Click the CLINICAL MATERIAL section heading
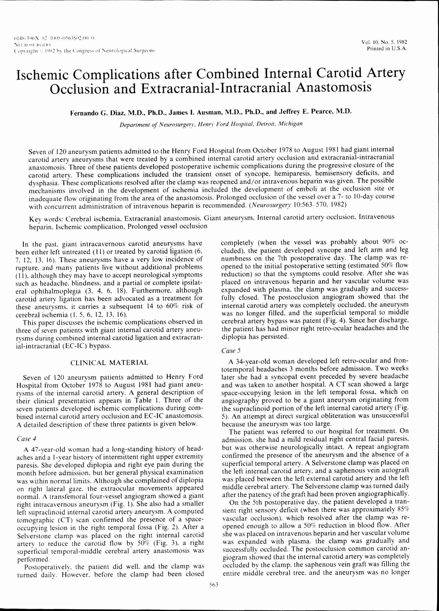109,362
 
